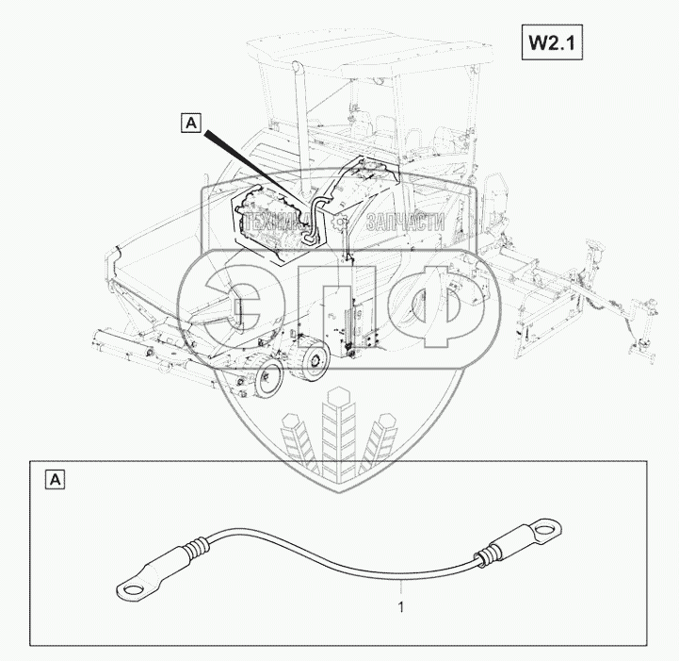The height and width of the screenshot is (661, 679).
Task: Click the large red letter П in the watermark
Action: point(340,311)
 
